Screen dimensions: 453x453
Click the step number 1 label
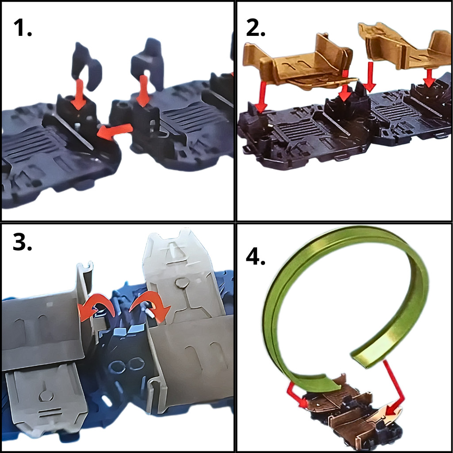tap(23, 28)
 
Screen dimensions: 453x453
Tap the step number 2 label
tap(255, 28)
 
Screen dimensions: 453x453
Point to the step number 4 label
tap(255, 257)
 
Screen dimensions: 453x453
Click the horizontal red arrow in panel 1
tap(115, 131)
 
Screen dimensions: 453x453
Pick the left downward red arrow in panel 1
tap(79, 94)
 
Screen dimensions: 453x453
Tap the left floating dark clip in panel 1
tap(87, 66)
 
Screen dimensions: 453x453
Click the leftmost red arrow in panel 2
tap(262, 97)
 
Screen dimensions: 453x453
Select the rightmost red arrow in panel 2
tap(429, 77)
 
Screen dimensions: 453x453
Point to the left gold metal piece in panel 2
tap(300, 64)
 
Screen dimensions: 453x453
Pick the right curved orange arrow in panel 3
tap(150, 306)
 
